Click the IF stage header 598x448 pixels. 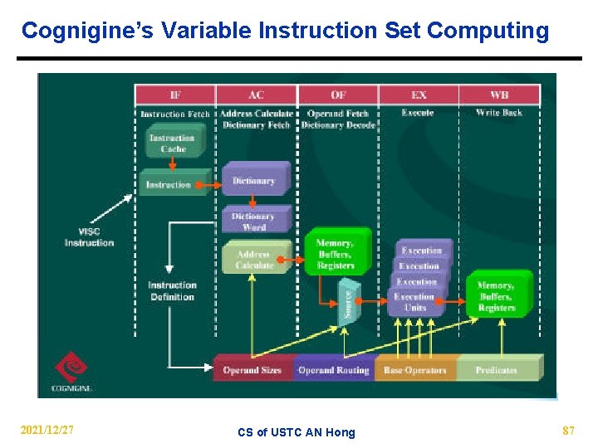pyautogui.click(x=175, y=95)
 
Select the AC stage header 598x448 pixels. pyautogui.click(x=257, y=95)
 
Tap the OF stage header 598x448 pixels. pyautogui.click(x=338, y=95)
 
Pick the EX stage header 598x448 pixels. pyautogui.click(x=419, y=95)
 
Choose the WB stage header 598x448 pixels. pyautogui.click(x=499, y=95)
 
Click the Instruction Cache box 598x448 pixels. pyautogui.click(x=172, y=143)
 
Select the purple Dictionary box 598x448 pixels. pyautogui.click(x=254, y=180)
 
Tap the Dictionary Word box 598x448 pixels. pyautogui.click(x=254, y=222)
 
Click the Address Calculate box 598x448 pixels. pyautogui.click(x=254, y=260)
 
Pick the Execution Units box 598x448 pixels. pyautogui.click(x=414, y=302)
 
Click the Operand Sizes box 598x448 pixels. pyautogui.click(x=252, y=370)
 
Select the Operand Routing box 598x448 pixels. pyautogui.click(x=333, y=370)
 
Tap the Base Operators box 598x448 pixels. pyautogui.click(x=415, y=370)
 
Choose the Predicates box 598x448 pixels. pyautogui.click(x=497, y=370)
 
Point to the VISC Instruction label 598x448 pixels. pyautogui.click(x=89, y=237)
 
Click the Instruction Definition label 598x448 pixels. pyautogui.click(x=172, y=291)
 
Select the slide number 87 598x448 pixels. pyautogui.click(x=568, y=431)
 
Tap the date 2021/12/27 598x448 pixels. pyautogui.click(x=47, y=431)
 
